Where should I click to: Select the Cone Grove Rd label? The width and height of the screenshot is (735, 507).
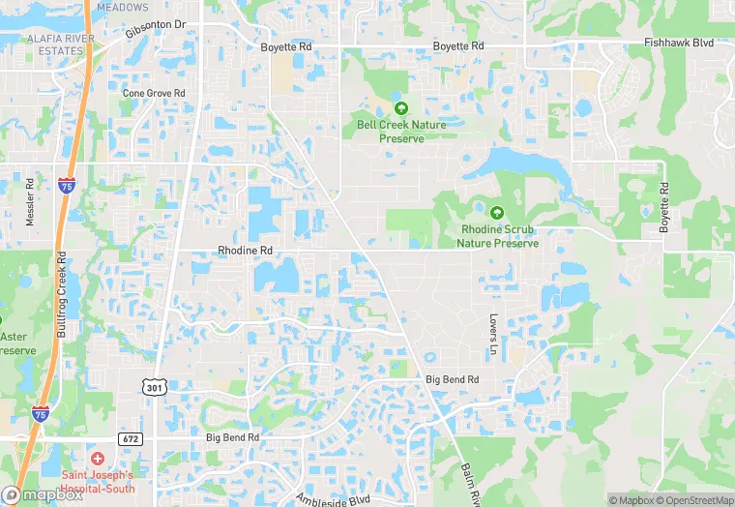[x=153, y=93]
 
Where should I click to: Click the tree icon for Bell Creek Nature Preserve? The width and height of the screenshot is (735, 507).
[x=400, y=108]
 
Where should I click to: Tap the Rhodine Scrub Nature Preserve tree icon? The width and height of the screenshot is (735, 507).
[x=497, y=213]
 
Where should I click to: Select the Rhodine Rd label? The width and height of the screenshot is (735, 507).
[x=246, y=250]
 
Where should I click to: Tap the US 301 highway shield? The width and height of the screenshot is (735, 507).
[x=155, y=388]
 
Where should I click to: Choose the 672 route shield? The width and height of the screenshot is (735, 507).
[x=131, y=438]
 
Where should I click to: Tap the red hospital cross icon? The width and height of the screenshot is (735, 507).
[x=97, y=457]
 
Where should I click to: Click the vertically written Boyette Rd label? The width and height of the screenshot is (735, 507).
[x=664, y=207]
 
